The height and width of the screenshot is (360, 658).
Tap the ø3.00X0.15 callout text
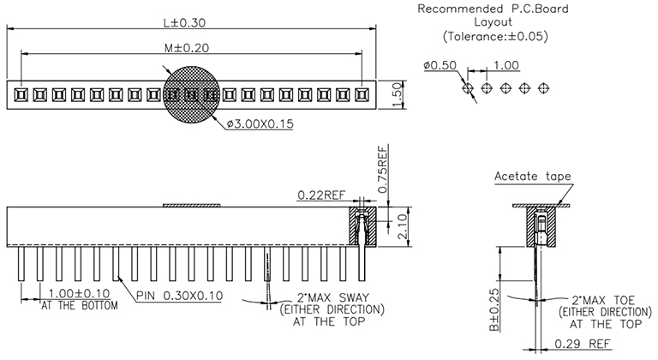(x=260, y=124)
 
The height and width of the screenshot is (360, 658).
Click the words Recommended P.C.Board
(x=481, y=9)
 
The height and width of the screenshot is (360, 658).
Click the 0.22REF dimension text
(x=321, y=195)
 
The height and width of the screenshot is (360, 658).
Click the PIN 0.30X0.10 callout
(x=180, y=296)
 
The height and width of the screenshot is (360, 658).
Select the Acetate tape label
(x=532, y=177)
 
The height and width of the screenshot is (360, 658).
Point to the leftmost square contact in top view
(x=19, y=92)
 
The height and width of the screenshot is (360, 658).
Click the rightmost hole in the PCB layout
(x=543, y=87)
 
